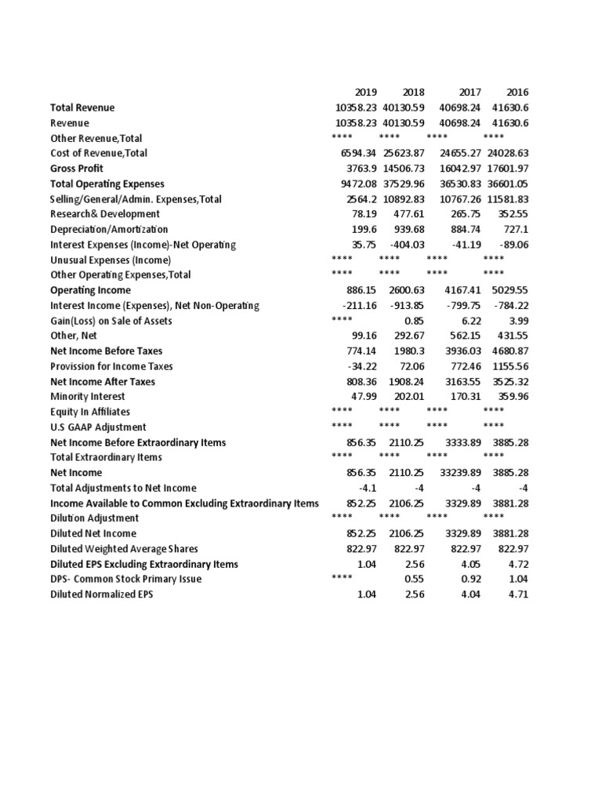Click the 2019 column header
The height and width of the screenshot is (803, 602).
coord(366,93)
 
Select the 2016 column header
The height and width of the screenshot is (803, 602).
coord(517,93)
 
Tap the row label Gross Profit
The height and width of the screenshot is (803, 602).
coord(77,169)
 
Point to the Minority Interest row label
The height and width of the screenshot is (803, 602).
coord(88,397)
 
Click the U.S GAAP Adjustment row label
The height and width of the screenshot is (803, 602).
coord(98,427)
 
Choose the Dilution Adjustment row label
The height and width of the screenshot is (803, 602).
coord(95,518)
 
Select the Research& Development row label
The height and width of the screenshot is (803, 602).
coord(105,214)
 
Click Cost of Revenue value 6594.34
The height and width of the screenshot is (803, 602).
coord(357,154)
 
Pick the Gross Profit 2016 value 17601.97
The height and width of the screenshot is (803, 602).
coord(506,169)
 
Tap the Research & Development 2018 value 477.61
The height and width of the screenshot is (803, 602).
coord(408,214)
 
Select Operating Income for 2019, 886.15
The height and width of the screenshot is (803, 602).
coord(361,290)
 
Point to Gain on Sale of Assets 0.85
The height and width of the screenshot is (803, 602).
coord(414,321)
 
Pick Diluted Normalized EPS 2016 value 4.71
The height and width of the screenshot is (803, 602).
coord(518,594)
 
